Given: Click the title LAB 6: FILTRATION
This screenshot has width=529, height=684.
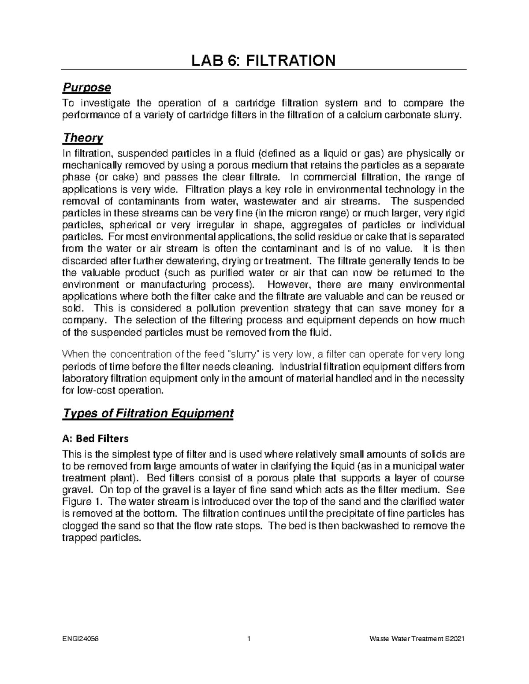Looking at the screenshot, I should [x=264, y=60].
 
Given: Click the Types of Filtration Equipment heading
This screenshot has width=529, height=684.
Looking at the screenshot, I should [x=148, y=414].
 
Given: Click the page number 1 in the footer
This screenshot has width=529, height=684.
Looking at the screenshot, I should [x=249, y=639].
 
